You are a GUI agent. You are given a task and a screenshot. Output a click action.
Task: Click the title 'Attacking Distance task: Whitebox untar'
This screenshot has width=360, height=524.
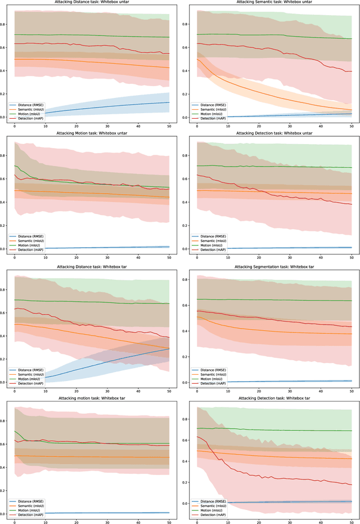tap(92, 3)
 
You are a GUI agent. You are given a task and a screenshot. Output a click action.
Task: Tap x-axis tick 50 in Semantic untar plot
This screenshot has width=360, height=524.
tap(352, 127)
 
